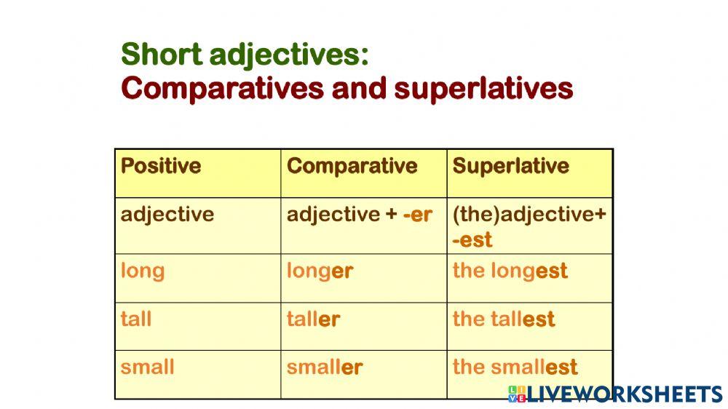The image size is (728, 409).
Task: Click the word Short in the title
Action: click(x=162, y=54)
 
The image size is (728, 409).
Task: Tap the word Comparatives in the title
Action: click(x=222, y=88)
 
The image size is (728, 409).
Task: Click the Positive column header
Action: click(x=161, y=166)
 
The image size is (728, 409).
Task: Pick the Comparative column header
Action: click(x=352, y=166)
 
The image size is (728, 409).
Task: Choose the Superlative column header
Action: click(x=511, y=166)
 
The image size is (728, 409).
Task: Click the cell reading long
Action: click(x=143, y=271)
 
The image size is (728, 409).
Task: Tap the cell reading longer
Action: click(x=320, y=271)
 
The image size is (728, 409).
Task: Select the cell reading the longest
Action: click(x=510, y=271)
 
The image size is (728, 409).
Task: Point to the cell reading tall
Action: click(x=136, y=319)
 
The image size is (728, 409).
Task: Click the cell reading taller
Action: click(x=313, y=319)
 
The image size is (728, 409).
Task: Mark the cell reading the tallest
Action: click(x=504, y=319)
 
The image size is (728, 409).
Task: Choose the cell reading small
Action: click(x=147, y=367)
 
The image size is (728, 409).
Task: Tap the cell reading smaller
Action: click(x=325, y=367)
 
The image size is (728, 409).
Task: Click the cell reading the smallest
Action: click(x=515, y=367)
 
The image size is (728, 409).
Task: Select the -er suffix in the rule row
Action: click(x=418, y=215)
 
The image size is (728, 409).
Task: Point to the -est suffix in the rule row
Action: click(x=472, y=240)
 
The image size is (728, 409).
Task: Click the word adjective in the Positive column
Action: click(x=167, y=215)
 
